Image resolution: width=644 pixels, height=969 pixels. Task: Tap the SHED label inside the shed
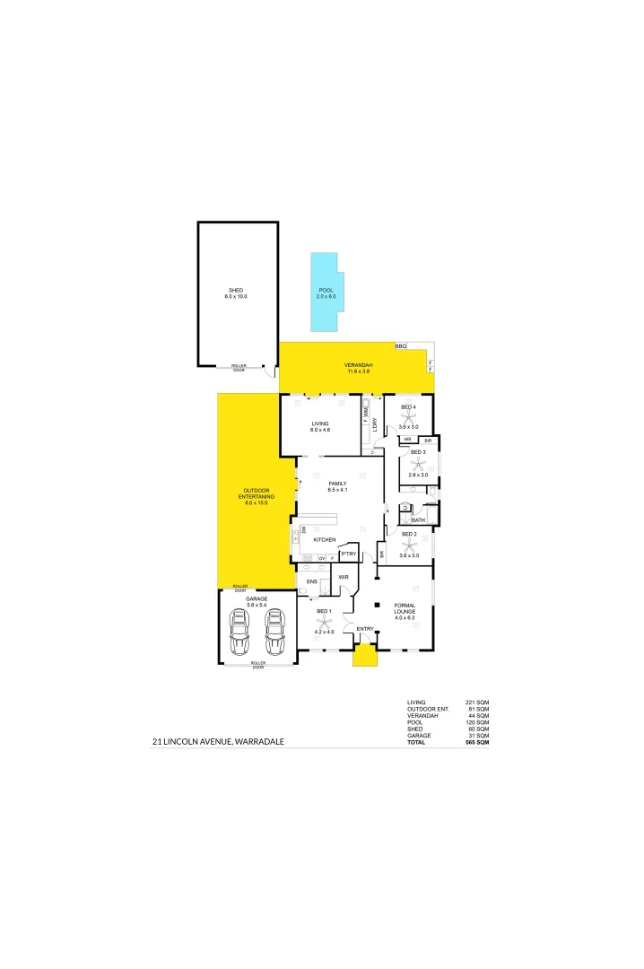pyautogui.click(x=236, y=290)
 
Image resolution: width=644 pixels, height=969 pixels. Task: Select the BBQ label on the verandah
pyautogui.click(x=401, y=345)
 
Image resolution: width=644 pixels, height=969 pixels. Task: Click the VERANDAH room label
pyautogui.click(x=358, y=363)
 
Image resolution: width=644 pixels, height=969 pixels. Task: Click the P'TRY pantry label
pyautogui.click(x=349, y=579)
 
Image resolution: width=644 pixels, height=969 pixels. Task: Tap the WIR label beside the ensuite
pyautogui.click(x=343, y=602)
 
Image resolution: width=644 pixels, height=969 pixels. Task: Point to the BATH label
pyautogui.click(x=418, y=519)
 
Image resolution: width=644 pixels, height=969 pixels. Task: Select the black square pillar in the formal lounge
pyautogui.click(x=378, y=603)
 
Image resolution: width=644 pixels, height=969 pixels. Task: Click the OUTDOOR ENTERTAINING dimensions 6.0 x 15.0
pyautogui.click(x=256, y=503)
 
